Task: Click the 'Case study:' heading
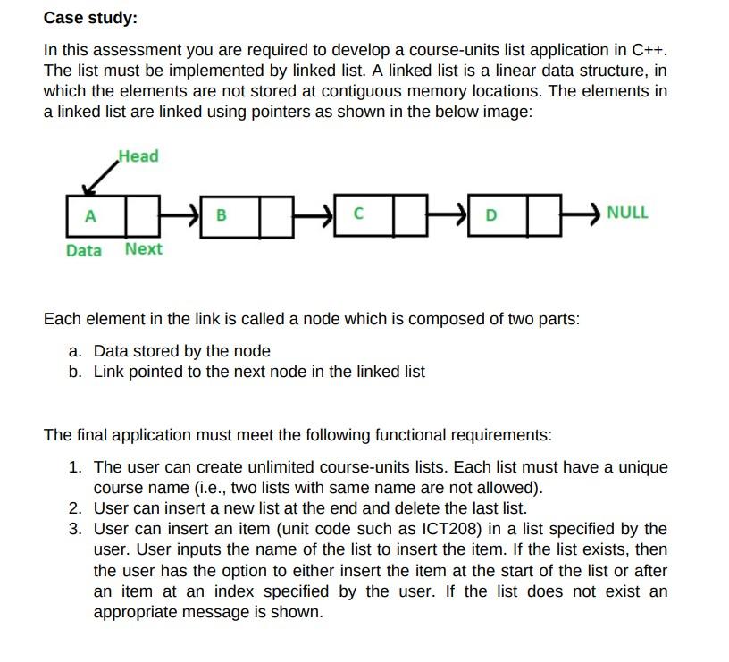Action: tap(90, 17)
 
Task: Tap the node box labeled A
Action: tap(89, 215)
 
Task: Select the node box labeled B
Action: tap(222, 215)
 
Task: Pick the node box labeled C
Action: tap(357, 214)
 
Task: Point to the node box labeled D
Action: tap(490, 215)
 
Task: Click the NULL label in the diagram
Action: tap(627, 214)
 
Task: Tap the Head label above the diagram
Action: tap(138, 156)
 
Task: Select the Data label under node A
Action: tap(84, 250)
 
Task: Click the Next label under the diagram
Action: tap(144, 249)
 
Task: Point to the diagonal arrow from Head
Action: tap(100, 178)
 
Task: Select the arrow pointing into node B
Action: tap(183, 215)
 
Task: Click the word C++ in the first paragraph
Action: tap(648, 48)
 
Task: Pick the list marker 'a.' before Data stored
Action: tap(77, 351)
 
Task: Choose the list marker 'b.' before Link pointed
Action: tap(77, 371)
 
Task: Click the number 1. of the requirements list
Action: tap(76, 467)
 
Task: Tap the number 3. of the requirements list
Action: tap(76, 529)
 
